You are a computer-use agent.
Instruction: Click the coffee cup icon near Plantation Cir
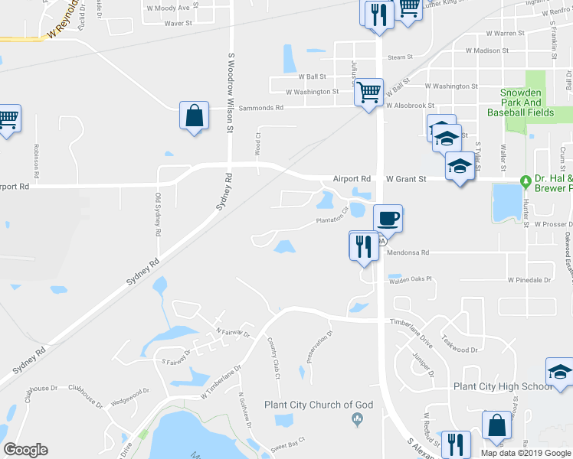(x=388, y=218)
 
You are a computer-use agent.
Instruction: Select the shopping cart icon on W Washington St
(x=369, y=93)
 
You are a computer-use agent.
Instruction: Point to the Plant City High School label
(x=503, y=386)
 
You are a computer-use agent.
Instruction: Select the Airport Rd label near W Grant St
(x=352, y=178)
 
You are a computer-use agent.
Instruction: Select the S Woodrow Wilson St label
(x=231, y=93)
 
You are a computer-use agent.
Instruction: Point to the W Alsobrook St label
(x=410, y=106)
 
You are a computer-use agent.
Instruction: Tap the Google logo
(x=26, y=450)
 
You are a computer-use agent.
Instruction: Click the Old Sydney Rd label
(x=158, y=214)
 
